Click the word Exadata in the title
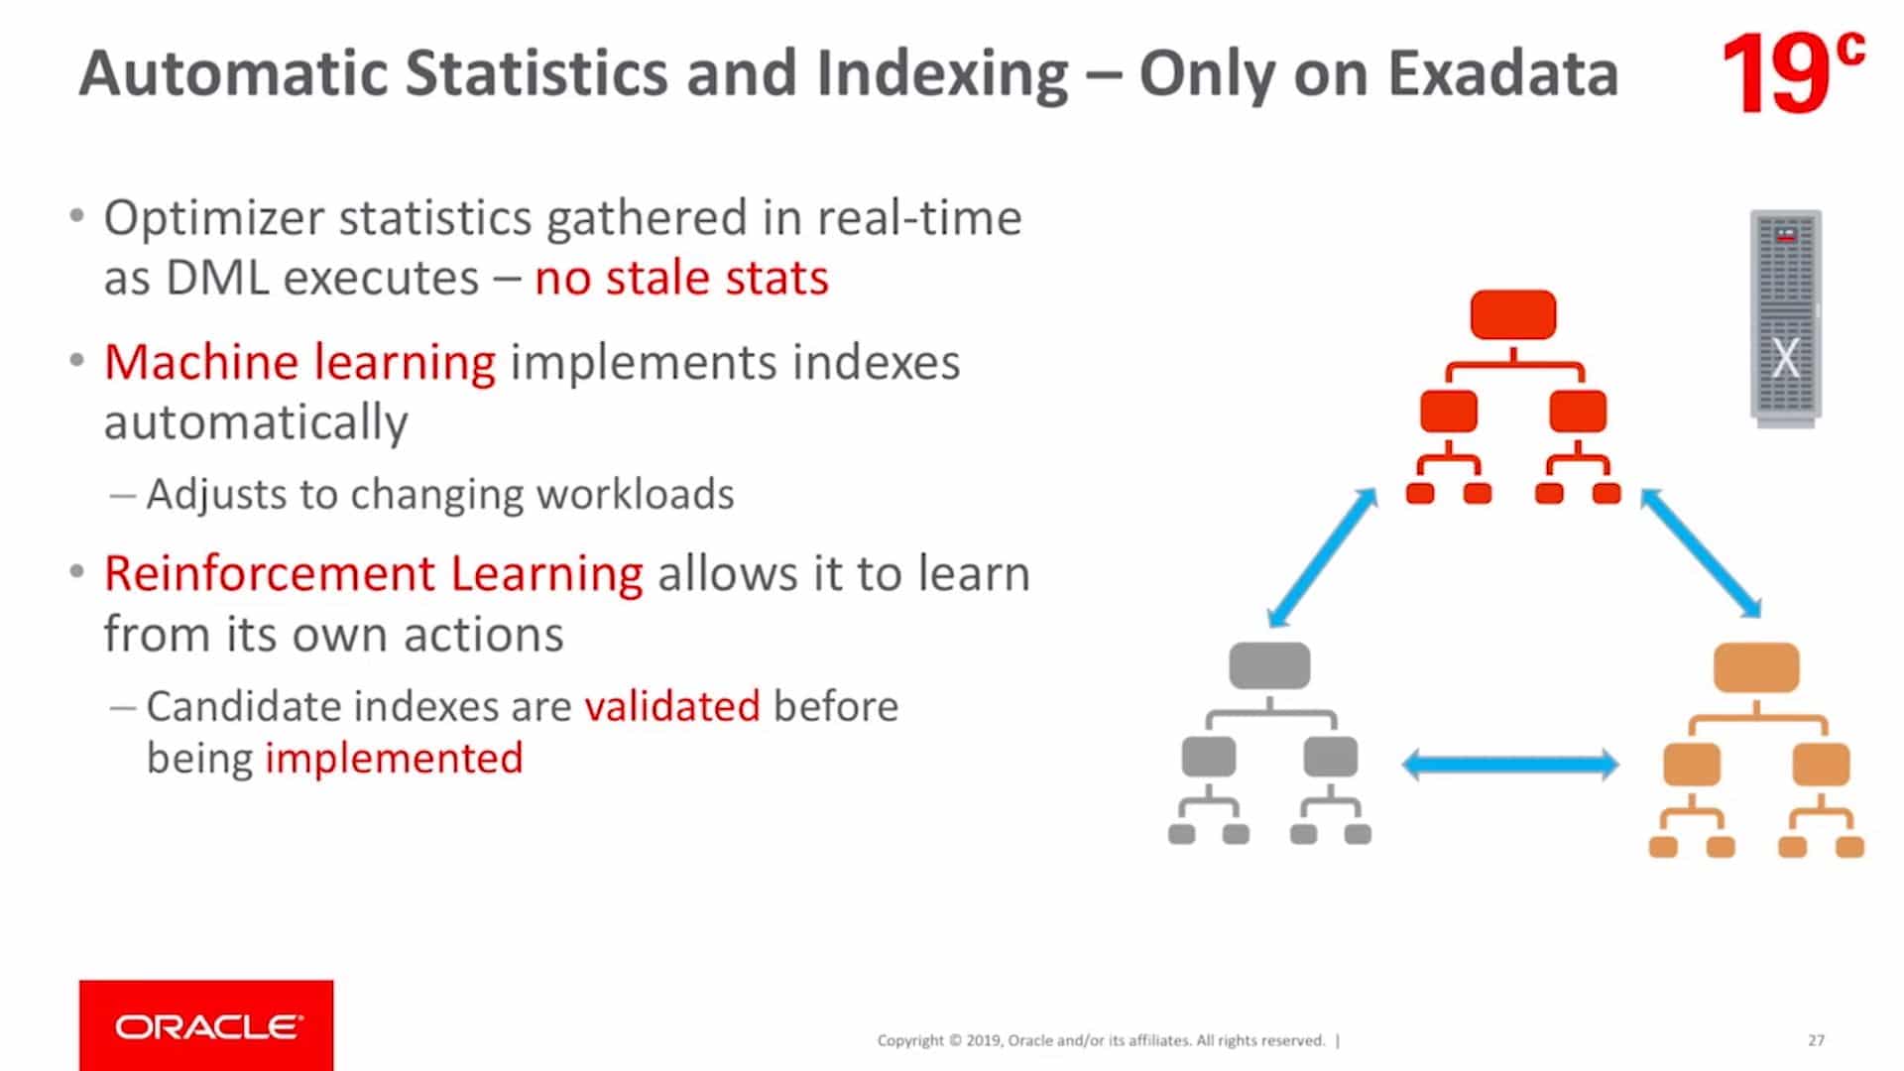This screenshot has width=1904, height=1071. pyautogui.click(x=1502, y=74)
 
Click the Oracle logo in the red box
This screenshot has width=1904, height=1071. pyautogui.click(x=206, y=1026)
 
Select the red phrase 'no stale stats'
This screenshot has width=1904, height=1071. pyautogui.click(x=681, y=278)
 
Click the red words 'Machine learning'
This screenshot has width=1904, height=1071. pyautogui.click(x=299, y=362)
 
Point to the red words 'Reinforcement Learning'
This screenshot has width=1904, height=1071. pyautogui.click(x=373, y=574)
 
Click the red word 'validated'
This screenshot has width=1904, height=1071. pyautogui.click(x=672, y=707)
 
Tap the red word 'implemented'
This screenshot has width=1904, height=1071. pyautogui.click(x=394, y=759)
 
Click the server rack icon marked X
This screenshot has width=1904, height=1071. pyautogui.click(x=1785, y=317)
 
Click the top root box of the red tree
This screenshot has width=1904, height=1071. pyautogui.click(x=1512, y=314)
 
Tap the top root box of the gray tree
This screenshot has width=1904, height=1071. pyautogui.click(x=1269, y=664)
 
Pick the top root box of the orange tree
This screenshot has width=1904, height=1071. pyautogui.click(x=1756, y=666)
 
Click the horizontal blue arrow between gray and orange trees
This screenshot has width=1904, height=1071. pyautogui.click(x=1509, y=765)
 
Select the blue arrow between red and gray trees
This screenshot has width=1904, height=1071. pyautogui.click(x=1323, y=557)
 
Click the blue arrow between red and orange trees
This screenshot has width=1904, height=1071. pyautogui.click(x=1700, y=552)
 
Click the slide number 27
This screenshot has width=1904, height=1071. pyautogui.click(x=1816, y=1040)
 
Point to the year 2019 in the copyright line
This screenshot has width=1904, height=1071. pyautogui.click(x=983, y=1040)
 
